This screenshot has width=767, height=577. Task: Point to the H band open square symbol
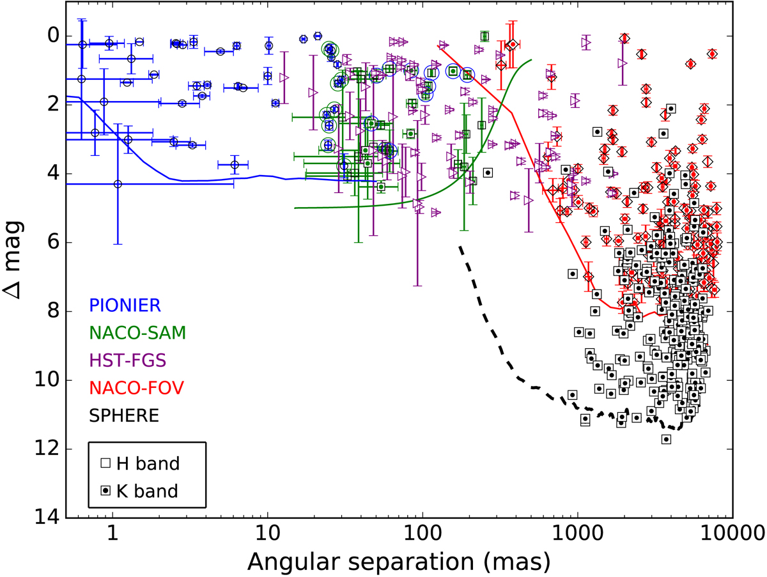(107, 463)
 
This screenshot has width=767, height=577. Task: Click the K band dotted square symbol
(107, 491)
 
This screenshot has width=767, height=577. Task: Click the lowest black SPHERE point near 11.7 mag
(666, 439)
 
